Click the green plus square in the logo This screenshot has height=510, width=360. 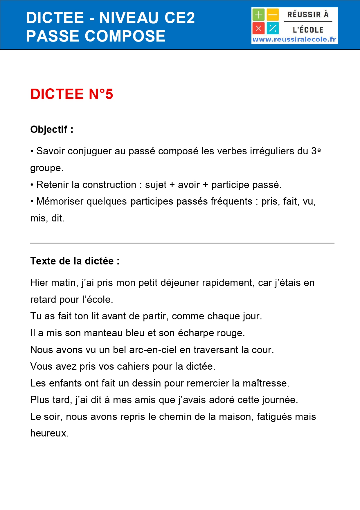click(258, 15)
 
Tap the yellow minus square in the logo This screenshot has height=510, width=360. click(273, 15)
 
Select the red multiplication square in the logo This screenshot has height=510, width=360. click(258, 28)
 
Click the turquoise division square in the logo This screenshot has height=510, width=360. click(273, 28)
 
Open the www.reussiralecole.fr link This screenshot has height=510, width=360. click(294, 40)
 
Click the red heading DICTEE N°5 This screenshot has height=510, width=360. click(72, 94)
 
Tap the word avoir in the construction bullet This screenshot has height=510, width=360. click(189, 185)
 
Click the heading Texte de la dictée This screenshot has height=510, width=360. click(75, 261)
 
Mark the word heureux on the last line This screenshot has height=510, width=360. click(49, 433)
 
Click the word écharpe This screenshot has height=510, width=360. click(194, 333)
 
